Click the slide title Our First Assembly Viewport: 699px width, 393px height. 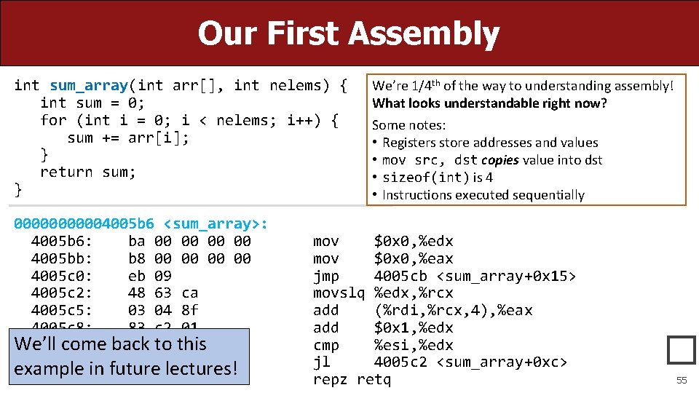coord(349,33)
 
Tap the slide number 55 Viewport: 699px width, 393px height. coord(682,380)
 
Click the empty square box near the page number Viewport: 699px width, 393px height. coord(682,350)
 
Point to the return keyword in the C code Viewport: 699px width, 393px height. coord(66,172)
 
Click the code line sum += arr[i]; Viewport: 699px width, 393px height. coord(128,138)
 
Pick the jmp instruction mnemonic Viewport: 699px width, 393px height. coord(325,276)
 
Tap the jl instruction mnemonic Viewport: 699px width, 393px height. coord(321,362)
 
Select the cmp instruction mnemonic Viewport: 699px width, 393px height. coord(325,345)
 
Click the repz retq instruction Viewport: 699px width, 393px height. coord(352,379)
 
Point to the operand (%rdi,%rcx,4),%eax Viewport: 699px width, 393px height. coord(453,310)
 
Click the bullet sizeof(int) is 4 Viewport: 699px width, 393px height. coord(438,177)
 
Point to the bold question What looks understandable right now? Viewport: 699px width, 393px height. coord(489,103)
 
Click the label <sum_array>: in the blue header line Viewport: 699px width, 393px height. coord(216,223)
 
